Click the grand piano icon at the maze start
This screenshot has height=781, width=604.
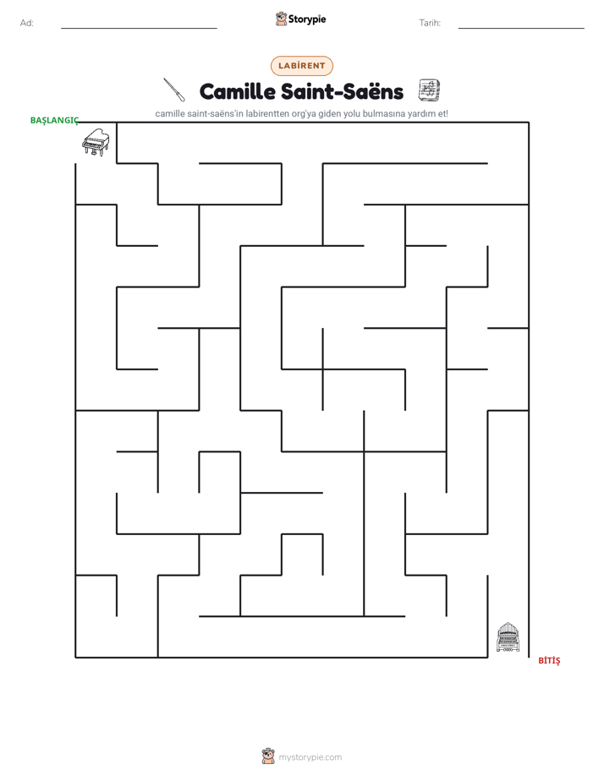[96, 142]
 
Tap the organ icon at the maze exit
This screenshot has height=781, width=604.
[508, 637]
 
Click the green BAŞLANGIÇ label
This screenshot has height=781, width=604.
[54, 121]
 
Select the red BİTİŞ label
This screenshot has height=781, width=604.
[549, 660]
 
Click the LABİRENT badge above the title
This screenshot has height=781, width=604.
[301, 66]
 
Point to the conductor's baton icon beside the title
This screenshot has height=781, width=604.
[174, 90]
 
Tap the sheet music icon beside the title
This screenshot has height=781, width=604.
[429, 90]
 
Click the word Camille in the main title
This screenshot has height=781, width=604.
[237, 91]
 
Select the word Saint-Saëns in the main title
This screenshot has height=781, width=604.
[342, 91]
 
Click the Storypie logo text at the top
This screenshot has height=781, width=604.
[307, 19]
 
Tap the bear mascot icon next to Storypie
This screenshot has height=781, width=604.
[281, 19]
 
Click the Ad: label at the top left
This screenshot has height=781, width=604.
[27, 23]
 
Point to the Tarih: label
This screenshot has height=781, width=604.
[430, 23]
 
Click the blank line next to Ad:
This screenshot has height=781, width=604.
[139, 29]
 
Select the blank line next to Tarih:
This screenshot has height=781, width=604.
[521, 29]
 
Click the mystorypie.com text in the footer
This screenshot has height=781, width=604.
[310, 757]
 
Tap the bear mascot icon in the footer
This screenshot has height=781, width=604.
[268, 756]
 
